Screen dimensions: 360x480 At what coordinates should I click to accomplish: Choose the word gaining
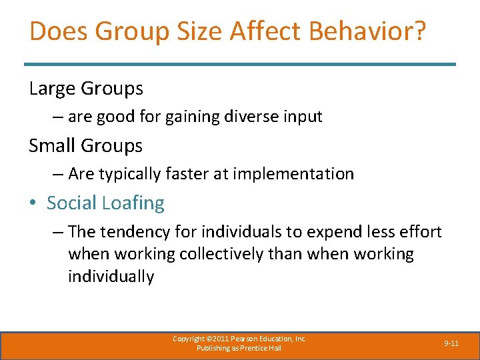[194, 117]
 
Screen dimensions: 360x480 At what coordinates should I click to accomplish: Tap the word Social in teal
[71, 203]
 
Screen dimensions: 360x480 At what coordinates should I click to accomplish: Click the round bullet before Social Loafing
[34, 203]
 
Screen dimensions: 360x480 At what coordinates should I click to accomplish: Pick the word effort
[417, 231]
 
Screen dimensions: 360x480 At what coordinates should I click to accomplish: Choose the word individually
[111, 277]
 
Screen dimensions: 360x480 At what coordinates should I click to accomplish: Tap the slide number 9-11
[451, 343]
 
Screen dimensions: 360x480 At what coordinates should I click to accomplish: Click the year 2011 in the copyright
[219, 339]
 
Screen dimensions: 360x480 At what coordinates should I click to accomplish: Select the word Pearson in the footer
[245, 339]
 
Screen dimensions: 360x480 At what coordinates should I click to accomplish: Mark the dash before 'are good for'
[58, 117]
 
